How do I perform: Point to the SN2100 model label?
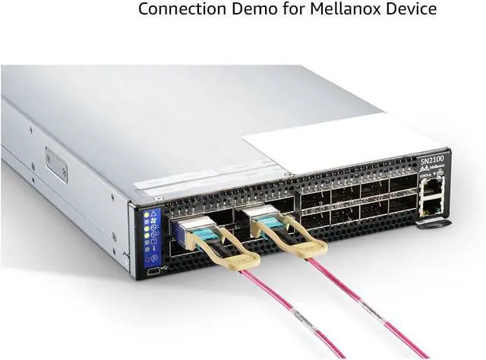point(431,162)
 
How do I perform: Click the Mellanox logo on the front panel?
point(431,172)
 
